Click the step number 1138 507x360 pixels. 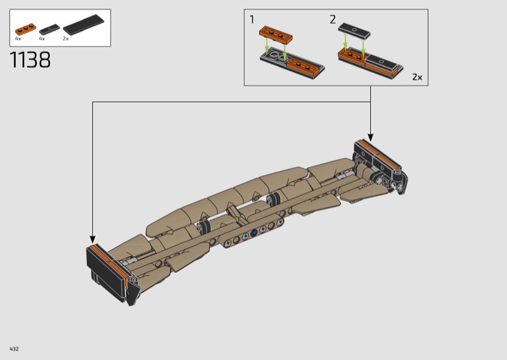click(30, 60)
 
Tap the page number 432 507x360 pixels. click(14, 349)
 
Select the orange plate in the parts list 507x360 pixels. click(25, 29)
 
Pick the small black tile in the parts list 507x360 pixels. click(49, 29)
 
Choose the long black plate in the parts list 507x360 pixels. click(84, 24)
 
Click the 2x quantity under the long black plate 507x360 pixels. click(66, 39)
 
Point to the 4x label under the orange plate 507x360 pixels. click(18, 39)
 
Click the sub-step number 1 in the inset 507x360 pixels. click(252, 20)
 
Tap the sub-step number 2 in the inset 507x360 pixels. click(333, 20)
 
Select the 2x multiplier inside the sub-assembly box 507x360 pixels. click(417, 77)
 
